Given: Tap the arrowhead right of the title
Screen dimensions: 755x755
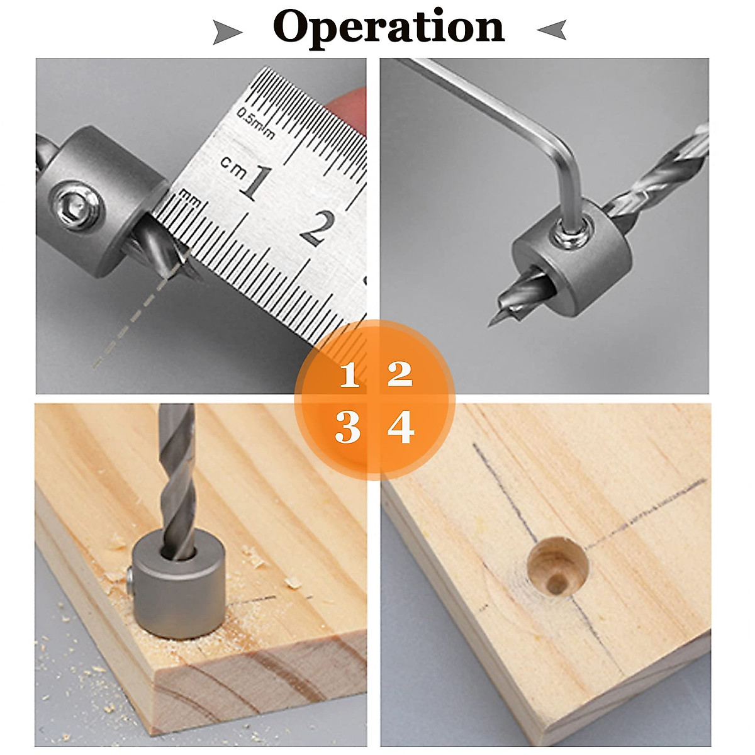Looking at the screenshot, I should pos(552,30).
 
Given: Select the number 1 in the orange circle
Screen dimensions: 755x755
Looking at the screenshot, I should pos(350,374).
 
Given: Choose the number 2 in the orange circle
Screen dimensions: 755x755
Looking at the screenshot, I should pos(400,374).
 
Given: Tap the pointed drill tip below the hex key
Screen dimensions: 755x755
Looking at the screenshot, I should pos(493,321).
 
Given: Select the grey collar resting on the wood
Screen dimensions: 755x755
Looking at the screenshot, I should pos(179,585).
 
